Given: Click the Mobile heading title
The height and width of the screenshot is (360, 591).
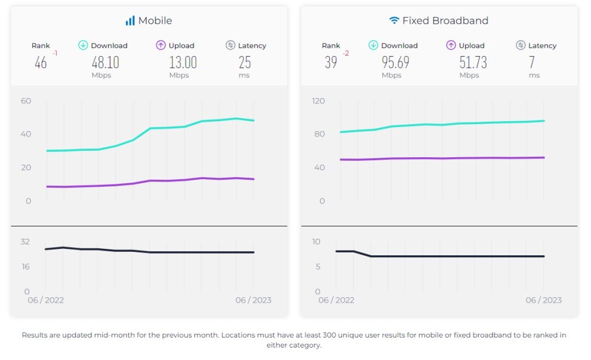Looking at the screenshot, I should pos(155,21).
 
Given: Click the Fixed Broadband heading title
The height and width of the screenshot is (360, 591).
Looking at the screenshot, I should pos(445,21).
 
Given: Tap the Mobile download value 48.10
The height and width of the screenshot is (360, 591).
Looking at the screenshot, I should pos(105,62).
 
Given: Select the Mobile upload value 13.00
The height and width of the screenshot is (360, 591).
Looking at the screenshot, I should pos(183,62).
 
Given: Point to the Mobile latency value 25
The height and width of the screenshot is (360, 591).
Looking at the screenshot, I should pos(245,62).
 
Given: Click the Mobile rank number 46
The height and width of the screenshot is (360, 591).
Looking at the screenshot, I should pos(41,62).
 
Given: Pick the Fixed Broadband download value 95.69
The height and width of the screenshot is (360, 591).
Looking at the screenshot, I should pos(395,62).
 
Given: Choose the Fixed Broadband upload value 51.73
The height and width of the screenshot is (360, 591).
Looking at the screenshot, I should pos(473,62).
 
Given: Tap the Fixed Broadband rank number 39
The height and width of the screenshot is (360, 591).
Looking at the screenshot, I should pos(331,62).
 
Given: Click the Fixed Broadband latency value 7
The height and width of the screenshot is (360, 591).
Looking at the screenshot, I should pos(532,62).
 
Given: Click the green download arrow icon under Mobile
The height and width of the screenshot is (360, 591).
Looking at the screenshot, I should pos(83,46).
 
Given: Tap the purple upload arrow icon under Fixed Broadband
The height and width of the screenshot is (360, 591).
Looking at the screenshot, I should pos(452,46).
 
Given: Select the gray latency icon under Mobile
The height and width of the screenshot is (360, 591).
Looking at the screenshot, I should pos(230,46).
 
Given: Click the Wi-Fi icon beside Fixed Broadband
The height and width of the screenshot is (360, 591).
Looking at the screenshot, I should pos(394,21).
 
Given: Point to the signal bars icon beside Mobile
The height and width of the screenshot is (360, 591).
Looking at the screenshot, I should pos(130,21).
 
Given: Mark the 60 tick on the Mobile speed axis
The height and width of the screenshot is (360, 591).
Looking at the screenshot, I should pos(25,101).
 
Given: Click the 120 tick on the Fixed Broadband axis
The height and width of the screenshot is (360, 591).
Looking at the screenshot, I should pos(319,101).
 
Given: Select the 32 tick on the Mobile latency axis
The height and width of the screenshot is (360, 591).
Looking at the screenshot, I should pos(25,242).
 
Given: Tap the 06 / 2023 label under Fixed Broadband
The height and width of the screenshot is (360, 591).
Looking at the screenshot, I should pos(544,300).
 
